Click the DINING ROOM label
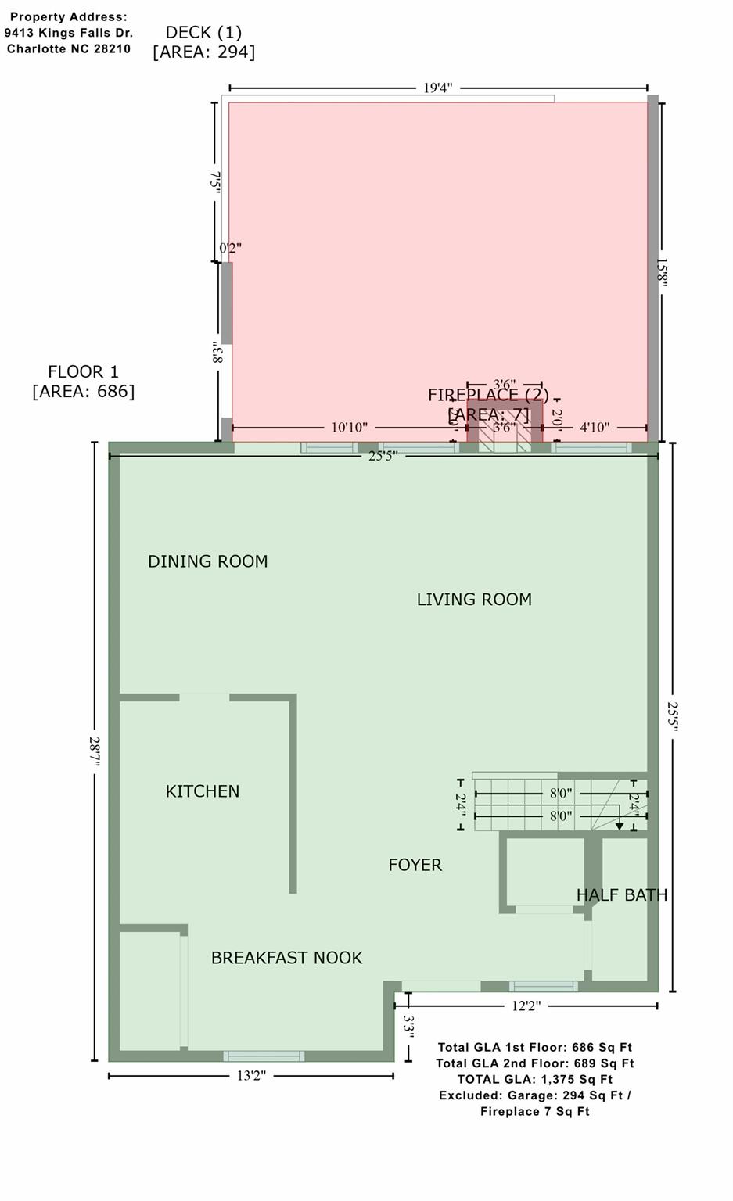[x=207, y=561]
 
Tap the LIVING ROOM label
[x=474, y=600]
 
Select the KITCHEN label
[x=203, y=791]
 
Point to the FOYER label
[x=415, y=865]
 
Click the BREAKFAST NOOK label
[x=286, y=958]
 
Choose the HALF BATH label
[x=622, y=895]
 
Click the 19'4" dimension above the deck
[x=438, y=88]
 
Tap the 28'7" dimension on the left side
[x=95, y=751]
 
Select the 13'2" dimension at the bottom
[x=251, y=1076]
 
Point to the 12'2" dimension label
[x=526, y=1006]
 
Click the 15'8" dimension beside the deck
[x=662, y=273]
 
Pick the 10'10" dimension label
[x=349, y=428]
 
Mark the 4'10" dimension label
[x=595, y=428]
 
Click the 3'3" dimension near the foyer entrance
[x=408, y=1026]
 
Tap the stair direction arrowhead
[x=619, y=825]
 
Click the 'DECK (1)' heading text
[x=203, y=32]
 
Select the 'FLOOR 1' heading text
[x=83, y=372]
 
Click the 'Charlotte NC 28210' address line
[x=69, y=49]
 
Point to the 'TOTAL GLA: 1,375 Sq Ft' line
[x=535, y=1079]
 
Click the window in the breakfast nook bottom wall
[x=264, y=1056]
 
